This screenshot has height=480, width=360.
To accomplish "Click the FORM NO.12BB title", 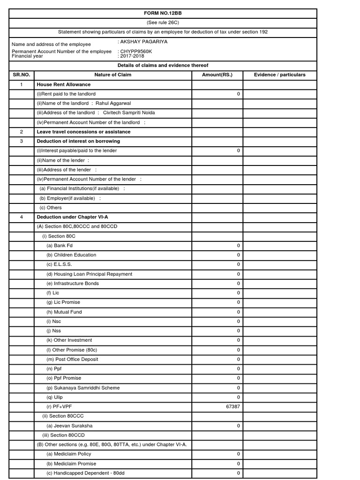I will [163, 13].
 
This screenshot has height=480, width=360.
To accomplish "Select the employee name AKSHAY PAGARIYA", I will [144, 42].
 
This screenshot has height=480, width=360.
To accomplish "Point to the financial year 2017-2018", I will [133, 56].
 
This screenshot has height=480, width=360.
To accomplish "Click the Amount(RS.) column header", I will [217, 75].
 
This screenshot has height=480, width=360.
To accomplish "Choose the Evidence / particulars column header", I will [280, 75].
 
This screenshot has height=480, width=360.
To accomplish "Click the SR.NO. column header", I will [21, 75].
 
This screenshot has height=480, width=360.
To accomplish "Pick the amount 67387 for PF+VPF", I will [233, 407].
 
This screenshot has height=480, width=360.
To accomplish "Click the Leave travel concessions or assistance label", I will [83, 132].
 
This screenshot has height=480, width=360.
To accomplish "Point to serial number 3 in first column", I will [21, 141].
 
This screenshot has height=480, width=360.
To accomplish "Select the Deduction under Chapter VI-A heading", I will [72, 217].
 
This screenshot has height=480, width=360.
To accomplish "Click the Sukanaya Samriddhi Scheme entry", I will [83, 388].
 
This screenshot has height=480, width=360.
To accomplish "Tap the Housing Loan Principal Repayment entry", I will [89, 274].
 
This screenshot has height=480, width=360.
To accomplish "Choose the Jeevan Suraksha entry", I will [69, 426].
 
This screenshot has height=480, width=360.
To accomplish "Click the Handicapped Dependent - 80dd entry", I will [85, 473].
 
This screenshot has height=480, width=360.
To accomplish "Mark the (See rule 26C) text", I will [163, 22].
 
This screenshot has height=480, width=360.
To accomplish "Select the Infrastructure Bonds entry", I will [73, 284].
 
